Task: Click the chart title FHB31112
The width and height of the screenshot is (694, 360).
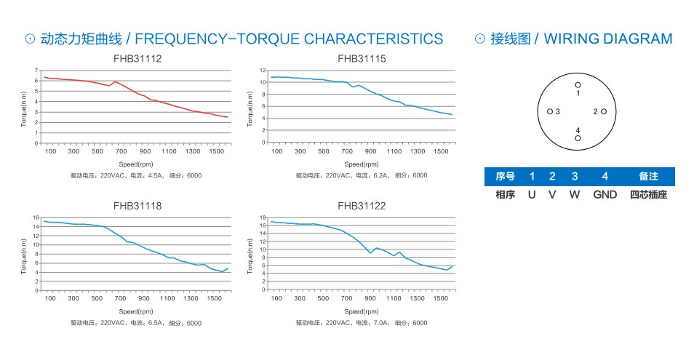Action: pos(137,58)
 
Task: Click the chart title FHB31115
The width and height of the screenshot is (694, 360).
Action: pos(362,58)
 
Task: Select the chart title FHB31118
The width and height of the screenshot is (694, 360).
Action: pos(137,206)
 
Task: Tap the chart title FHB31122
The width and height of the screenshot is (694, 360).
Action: pos(362,206)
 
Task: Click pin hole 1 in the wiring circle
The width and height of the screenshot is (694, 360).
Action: pos(578,85)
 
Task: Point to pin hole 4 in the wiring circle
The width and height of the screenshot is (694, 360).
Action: pos(578,138)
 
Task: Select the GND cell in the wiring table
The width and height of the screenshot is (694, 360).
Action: pos(605,195)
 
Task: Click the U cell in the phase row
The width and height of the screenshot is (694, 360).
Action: pos(532,195)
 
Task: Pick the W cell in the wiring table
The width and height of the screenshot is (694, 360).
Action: pos(575,195)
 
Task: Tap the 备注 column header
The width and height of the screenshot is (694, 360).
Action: pos(648,177)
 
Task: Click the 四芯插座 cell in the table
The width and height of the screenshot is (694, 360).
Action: pos(648,195)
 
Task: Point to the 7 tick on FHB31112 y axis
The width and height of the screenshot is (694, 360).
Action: pos(36,71)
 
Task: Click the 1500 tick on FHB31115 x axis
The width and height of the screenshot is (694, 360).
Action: pos(441,151)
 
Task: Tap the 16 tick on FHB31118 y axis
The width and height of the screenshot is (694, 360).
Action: pos(35,217)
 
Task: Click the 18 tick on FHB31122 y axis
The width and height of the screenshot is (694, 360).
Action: pos(263,217)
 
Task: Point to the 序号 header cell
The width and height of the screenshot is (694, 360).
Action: pos(505,177)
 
